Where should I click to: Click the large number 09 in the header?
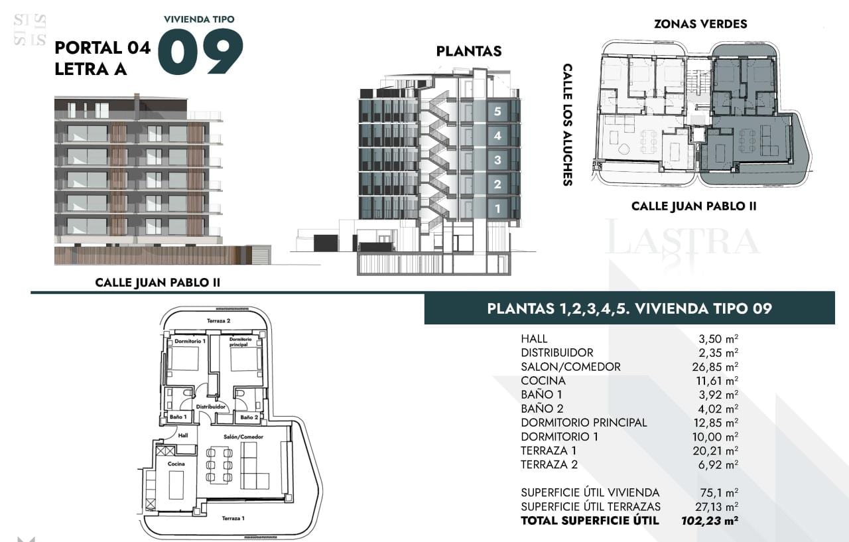[200, 52]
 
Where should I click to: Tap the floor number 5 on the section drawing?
[497, 111]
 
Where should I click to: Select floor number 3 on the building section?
[497, 160]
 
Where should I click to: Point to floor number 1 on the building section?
[497, 208]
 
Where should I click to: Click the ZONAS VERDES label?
[700, 24]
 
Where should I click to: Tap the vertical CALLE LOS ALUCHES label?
[567, 125]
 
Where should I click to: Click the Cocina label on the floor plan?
[176, 464]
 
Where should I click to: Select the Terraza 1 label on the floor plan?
[233, 518]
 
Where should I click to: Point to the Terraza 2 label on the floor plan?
[219, 320]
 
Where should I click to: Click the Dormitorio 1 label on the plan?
[190, 341]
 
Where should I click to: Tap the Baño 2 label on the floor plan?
[249, 417]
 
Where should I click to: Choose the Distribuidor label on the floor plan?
[211, 407]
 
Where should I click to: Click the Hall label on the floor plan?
[183, 435]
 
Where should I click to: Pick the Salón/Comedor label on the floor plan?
[243, 437]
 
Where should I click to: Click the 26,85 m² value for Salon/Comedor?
[715, 367]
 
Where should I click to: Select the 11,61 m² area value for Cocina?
[717, 381]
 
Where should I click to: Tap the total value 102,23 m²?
[710, 521]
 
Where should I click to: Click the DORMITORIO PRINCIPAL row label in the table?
[584, 423]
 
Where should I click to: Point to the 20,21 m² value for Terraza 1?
[715, 450]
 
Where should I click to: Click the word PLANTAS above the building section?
[469, 51]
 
